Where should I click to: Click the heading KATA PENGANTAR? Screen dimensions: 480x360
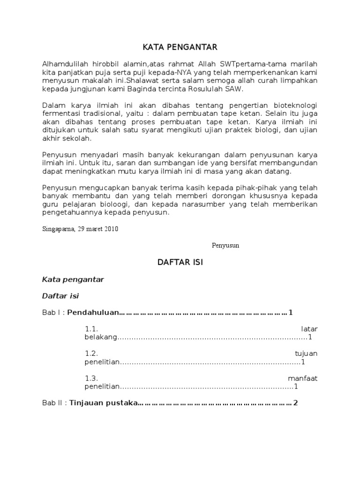(x=180, y=47)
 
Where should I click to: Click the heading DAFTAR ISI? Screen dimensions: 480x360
(x=180, y=262)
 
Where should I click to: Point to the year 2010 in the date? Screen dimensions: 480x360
(x=111, y=229)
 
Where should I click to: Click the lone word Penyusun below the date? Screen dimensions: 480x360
(x=225, y=245)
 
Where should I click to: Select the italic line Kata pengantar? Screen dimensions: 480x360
(x=73, y=279)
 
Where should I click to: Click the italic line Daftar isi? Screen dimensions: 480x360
(x=64, y=296)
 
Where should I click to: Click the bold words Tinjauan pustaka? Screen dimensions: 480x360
(x=103, y=403)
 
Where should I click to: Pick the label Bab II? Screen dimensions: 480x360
(x=52, y=403)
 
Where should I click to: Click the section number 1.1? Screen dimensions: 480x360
(x=91, y=329)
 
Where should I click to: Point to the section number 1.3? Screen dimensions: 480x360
(x=91, y=378)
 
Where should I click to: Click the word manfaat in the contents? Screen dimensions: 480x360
(x=302, y=378)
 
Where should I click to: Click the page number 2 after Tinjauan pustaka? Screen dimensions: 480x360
(x=295, y=403)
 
